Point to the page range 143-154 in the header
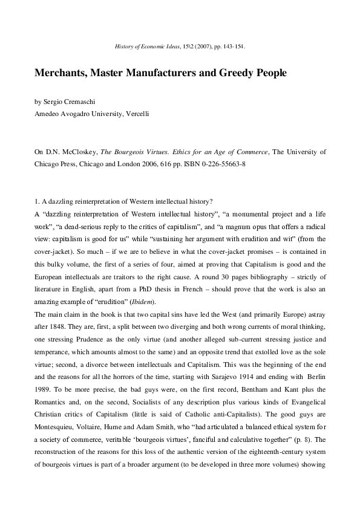click(233, 46)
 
